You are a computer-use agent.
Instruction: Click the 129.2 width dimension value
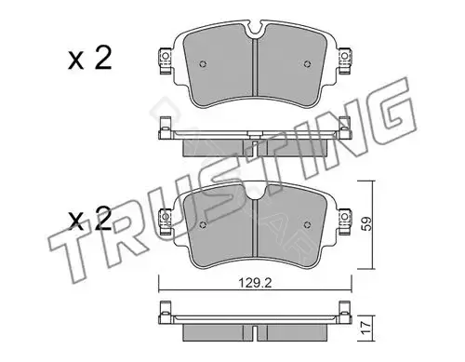[x=255, y=283]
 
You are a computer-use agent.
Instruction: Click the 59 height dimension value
[x=366, y=223]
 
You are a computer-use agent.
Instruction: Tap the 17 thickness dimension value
[x=366, y=328]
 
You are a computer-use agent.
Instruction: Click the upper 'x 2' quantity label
[x=89, y=59]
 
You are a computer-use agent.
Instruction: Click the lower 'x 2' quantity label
[x=89, y=219]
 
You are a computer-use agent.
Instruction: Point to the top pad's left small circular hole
[x=203, y=64]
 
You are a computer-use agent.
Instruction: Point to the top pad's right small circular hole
[x=307, y=64]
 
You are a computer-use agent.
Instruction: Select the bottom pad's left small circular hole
[x=203, y=224]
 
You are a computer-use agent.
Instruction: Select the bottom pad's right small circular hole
[x=307, y=224]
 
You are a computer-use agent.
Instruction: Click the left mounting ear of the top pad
[x=166, y=60]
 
